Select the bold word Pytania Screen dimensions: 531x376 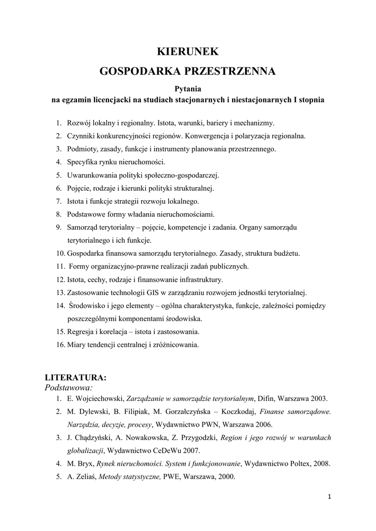pos(187,89)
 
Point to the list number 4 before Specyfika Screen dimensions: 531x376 pos(59,162)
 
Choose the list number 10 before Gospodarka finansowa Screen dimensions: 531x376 pos(60,254)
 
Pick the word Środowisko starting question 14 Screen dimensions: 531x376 pos(88,305)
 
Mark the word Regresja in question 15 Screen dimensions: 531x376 pos(81,331)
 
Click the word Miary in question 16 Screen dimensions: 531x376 pos(76,344)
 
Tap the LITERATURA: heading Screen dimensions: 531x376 pos(76,377)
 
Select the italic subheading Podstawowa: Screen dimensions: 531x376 pos(69,387)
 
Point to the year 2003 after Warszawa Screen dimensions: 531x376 pos(318,399)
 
